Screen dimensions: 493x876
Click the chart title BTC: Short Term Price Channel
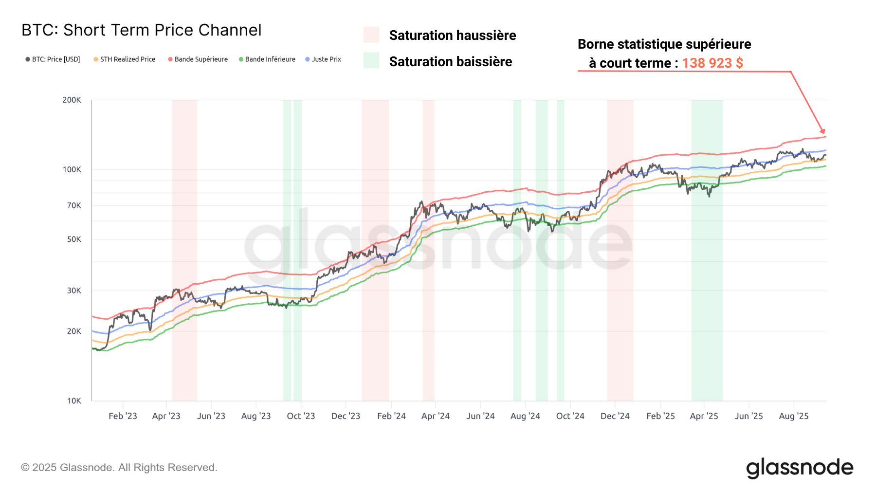click(x=141, y=30)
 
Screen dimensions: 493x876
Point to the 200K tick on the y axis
click(x=72, y=100)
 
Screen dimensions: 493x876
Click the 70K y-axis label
click(x=74, y=206)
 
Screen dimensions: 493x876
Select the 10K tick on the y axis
click(x=74, y=401)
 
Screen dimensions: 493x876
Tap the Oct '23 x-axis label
click(x=301, y=416)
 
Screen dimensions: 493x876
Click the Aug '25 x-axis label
click(x=793, y=416)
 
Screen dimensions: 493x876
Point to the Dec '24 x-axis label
click(x=615, y=416)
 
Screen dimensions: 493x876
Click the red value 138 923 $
click(x=712, y=63)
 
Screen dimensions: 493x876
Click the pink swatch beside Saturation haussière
click(x=371, y=35)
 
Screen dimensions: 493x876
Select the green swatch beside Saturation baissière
click(x=371, y=61)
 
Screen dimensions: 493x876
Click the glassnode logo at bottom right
click(x=800, y=468)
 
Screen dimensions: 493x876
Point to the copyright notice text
click(x=119, y=468)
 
